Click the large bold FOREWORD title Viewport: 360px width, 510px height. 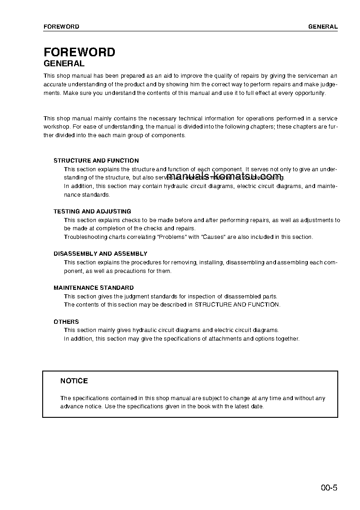pos(79,52)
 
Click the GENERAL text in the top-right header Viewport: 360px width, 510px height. pos(323,27)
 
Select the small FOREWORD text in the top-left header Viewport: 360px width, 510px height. pos(61,27)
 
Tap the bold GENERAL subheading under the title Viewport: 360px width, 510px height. pos(64,64)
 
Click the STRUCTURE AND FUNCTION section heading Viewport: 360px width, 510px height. pos(96,161)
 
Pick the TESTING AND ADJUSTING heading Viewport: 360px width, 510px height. pos(92,212)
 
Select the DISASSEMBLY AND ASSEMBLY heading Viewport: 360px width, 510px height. pos(100,254)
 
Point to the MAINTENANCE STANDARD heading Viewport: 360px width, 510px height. pos(94,288)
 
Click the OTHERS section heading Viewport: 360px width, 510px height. pos(66,322)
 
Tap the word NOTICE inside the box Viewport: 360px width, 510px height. pos(74,381)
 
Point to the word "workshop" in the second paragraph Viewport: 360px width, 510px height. pos(55,127)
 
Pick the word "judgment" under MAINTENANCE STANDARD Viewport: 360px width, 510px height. pos(125,297)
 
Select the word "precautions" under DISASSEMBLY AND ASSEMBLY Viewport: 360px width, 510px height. pos(128,271)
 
